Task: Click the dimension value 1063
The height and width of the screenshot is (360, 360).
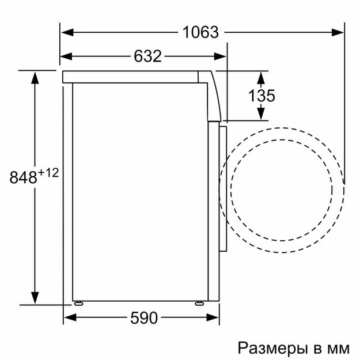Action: click(202, 32)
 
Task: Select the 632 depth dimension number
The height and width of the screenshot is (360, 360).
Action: click(147, 56)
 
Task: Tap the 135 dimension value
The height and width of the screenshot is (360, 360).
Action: click(262, 96)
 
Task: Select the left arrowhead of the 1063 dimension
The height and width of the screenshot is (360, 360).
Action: click(66, 32)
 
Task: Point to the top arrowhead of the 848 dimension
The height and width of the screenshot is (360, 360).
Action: click(36, 76)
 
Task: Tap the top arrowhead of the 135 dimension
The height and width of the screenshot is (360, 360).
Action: click(262, 76)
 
